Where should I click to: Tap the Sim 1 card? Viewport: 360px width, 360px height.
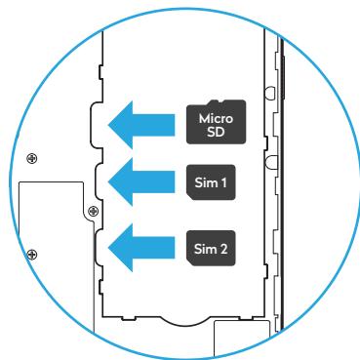(212, 181)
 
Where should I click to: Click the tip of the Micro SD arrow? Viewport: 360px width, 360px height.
(109, 122)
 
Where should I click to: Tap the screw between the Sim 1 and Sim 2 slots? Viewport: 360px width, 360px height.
(93, 210)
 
